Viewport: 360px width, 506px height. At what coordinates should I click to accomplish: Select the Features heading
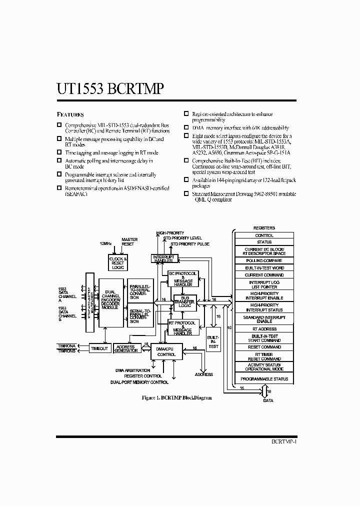coord(70,114)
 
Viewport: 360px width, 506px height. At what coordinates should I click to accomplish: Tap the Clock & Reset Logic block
coord(118,263)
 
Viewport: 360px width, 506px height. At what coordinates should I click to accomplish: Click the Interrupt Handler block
coord(163,258)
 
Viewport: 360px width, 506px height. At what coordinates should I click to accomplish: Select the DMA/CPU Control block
coord(166,351)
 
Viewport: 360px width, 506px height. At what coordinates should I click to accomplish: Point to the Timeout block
coord(99,348)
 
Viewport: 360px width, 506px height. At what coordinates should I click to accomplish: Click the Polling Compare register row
coord(264,261)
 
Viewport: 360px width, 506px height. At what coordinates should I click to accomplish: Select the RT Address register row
coord(264,329)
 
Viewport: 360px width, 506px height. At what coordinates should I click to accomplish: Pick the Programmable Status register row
coord(264,379)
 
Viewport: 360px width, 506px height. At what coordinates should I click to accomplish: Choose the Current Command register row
coord(264,274)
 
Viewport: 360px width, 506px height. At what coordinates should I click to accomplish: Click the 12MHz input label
coord(106,243)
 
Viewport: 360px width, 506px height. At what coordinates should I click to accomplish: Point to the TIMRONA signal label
coord(66,345)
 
